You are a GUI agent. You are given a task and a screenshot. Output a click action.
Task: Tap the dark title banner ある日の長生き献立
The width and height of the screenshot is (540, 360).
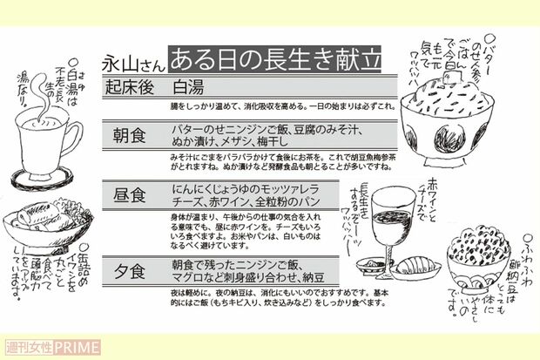[x=274, y=60]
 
